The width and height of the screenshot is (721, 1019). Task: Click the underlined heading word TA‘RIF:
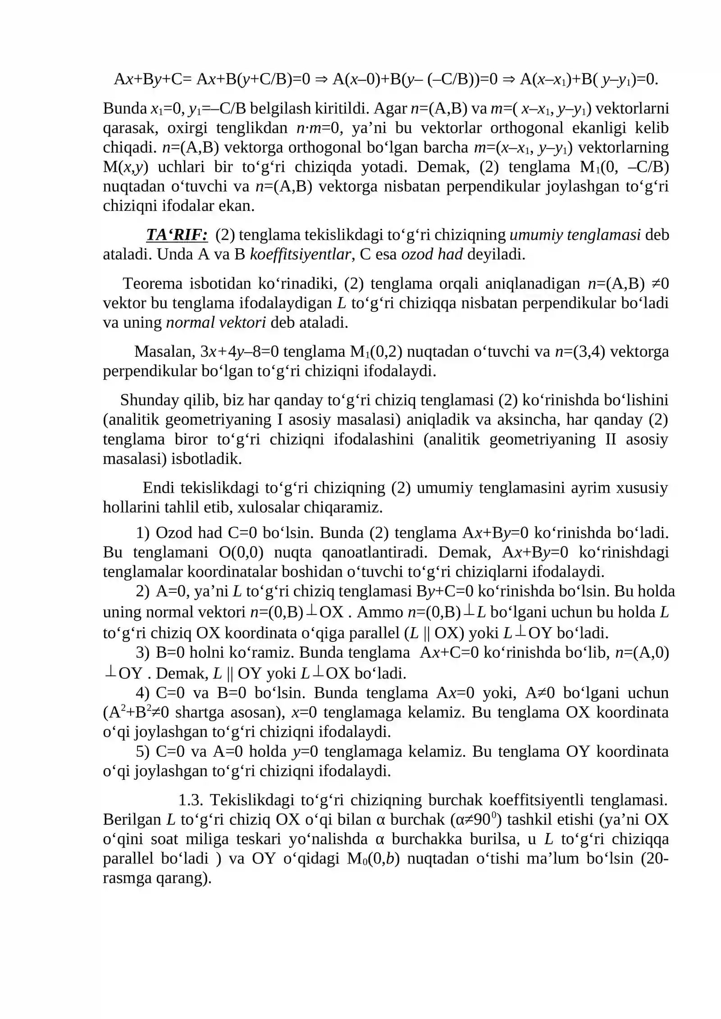click(x=177, y=235)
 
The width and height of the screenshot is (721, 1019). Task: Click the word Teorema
click(x=152, y=283)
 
